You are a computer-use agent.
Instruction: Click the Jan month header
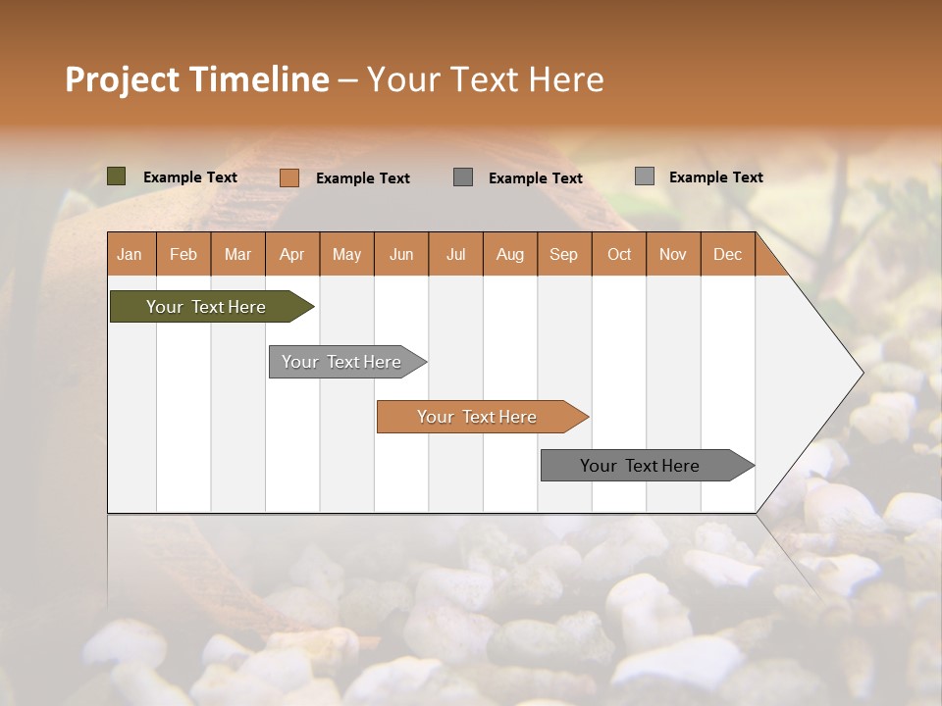130,255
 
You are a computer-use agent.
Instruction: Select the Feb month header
183,255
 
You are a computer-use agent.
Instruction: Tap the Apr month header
292,255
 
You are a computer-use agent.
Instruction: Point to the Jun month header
401,255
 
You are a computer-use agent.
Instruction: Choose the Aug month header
510,255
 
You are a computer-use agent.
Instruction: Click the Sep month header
564,255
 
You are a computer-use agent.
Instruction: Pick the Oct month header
619,255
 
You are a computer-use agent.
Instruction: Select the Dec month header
728,255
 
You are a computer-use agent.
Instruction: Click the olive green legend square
117,176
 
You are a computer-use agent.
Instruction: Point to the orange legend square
289,177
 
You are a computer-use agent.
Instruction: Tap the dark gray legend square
463,176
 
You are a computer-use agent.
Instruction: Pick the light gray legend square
645,176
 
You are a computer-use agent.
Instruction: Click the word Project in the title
122,79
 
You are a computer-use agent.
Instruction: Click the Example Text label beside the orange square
363,178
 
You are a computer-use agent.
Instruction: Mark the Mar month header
237,255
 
